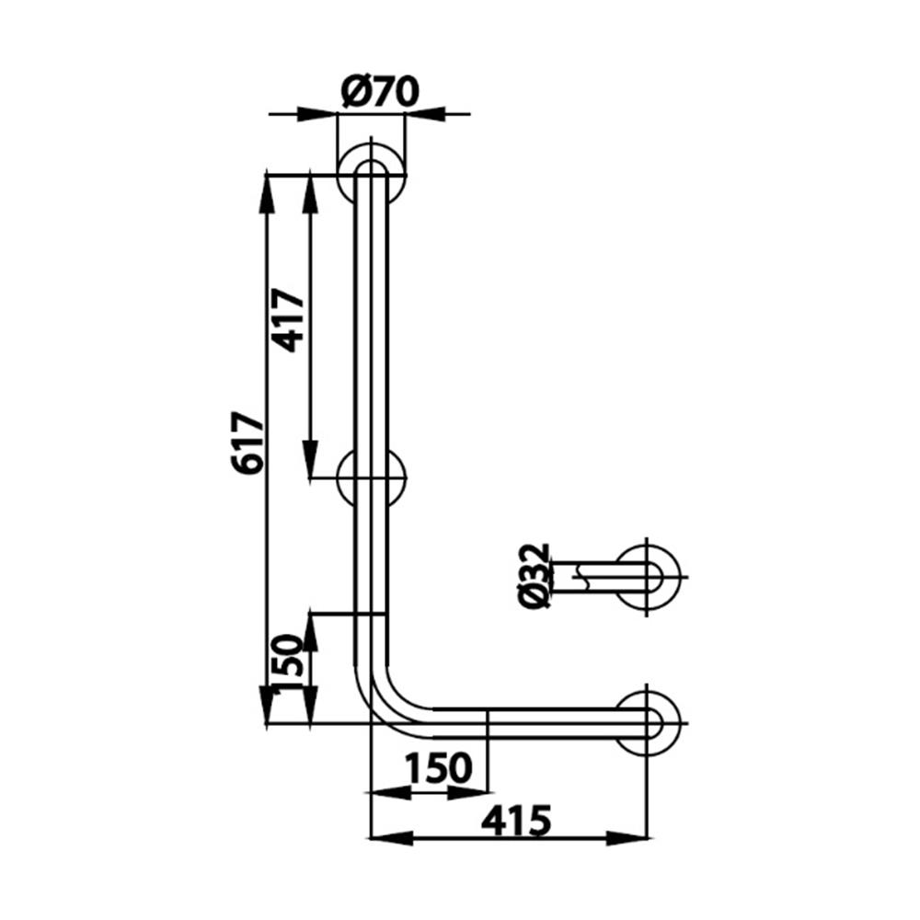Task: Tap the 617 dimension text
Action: (248, 442)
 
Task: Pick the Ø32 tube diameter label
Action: (535, 576)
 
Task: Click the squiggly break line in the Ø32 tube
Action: (579, 576)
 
